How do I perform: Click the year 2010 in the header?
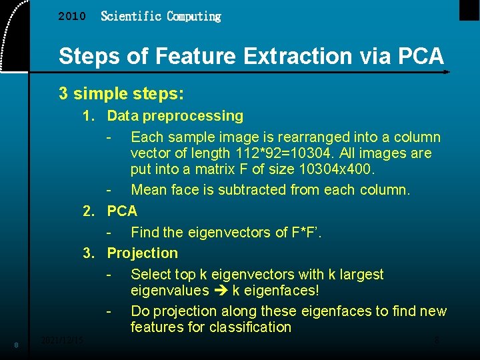[x=72, y=17]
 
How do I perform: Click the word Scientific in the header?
[x=131, y=16]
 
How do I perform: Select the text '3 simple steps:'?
[x=121, y=93]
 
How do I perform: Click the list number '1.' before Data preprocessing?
[x=89, y=116]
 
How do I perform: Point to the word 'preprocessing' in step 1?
[x=193, y=116]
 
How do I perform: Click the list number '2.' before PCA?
[x=89, y=211]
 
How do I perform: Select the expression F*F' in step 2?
[x=301, y=232]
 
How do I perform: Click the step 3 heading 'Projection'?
[x=143, y=253]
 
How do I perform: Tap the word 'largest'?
[x=361, y=275]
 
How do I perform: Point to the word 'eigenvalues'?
[x=169, y=291]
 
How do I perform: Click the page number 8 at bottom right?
[x=437, y=341]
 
